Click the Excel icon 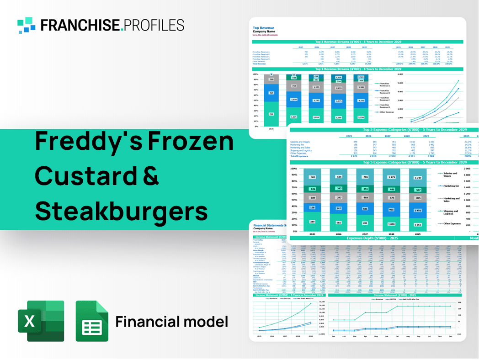coord(40,321)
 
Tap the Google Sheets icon coord(92,321)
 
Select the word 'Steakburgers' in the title coord(121,211)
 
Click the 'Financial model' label coord(171,322)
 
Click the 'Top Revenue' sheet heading coord(263,28)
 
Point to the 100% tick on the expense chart coord(293,169)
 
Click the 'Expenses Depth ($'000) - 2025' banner coord(371,238)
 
